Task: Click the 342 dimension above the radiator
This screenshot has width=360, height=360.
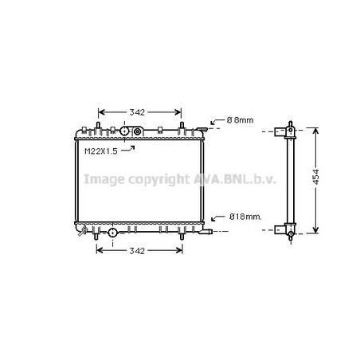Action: pos(137,112)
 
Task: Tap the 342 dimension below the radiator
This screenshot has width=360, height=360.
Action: pos(137,251)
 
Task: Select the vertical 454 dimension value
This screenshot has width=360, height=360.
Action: pos(315,177)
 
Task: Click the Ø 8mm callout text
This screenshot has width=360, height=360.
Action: pos(240,120)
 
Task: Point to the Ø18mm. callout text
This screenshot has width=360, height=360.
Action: pos(245,217)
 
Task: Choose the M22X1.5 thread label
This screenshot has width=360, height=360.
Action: pos(101,151)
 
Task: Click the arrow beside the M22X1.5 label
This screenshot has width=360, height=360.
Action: pos(128,149)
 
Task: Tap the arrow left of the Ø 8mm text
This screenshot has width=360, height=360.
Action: pos(217,122)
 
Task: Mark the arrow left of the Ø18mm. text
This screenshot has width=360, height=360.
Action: pos(217,218)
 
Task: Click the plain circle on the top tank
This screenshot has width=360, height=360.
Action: pos(124,131)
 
